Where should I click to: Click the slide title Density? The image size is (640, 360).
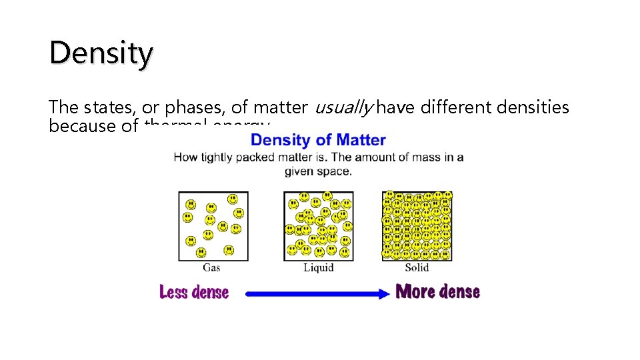(101, 53)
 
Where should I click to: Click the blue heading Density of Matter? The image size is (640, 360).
(318, 140)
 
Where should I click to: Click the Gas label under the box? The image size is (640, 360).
(211, 268)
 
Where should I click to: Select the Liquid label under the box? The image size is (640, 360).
(318, 268)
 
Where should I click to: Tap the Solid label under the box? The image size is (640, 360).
(417, 268)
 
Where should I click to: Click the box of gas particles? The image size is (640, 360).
(213, 225)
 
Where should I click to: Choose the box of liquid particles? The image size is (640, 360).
(319, 225)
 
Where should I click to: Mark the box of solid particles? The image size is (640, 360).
(417, 225)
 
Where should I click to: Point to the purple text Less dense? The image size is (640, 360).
(194, 293)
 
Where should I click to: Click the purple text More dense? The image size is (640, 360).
(438, 292)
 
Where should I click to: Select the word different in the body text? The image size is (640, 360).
(446, 107)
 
